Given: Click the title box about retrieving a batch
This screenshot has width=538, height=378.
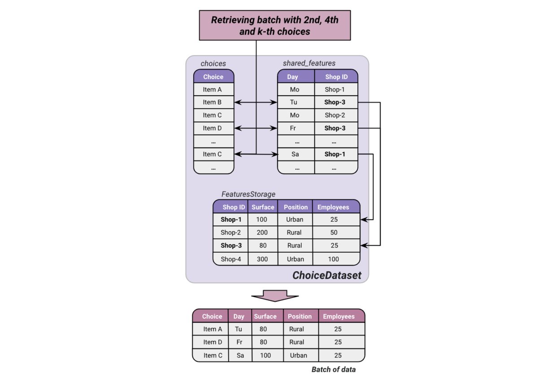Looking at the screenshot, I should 274,26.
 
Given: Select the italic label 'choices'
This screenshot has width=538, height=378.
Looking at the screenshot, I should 213,64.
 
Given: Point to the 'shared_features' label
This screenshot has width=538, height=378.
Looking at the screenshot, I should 309,64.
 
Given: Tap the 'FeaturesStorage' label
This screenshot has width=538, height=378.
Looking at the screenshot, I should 248,194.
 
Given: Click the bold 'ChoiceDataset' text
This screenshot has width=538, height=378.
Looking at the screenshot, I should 327,275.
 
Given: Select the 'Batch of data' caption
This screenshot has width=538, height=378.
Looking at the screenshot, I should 334,369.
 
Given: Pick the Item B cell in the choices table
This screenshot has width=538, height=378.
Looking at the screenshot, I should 213,102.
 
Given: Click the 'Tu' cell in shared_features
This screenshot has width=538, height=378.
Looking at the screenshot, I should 294,102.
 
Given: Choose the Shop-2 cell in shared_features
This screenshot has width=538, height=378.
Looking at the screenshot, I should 335,115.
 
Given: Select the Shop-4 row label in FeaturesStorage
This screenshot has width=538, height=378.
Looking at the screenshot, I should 230,259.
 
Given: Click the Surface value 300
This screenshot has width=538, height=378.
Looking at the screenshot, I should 263,259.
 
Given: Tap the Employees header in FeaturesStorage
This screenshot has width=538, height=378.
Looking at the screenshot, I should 333,207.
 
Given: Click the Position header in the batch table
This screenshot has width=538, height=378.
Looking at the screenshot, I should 299,316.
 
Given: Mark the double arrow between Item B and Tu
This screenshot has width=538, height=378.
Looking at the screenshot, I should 256,103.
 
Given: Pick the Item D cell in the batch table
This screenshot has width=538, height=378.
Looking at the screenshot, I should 213,342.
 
